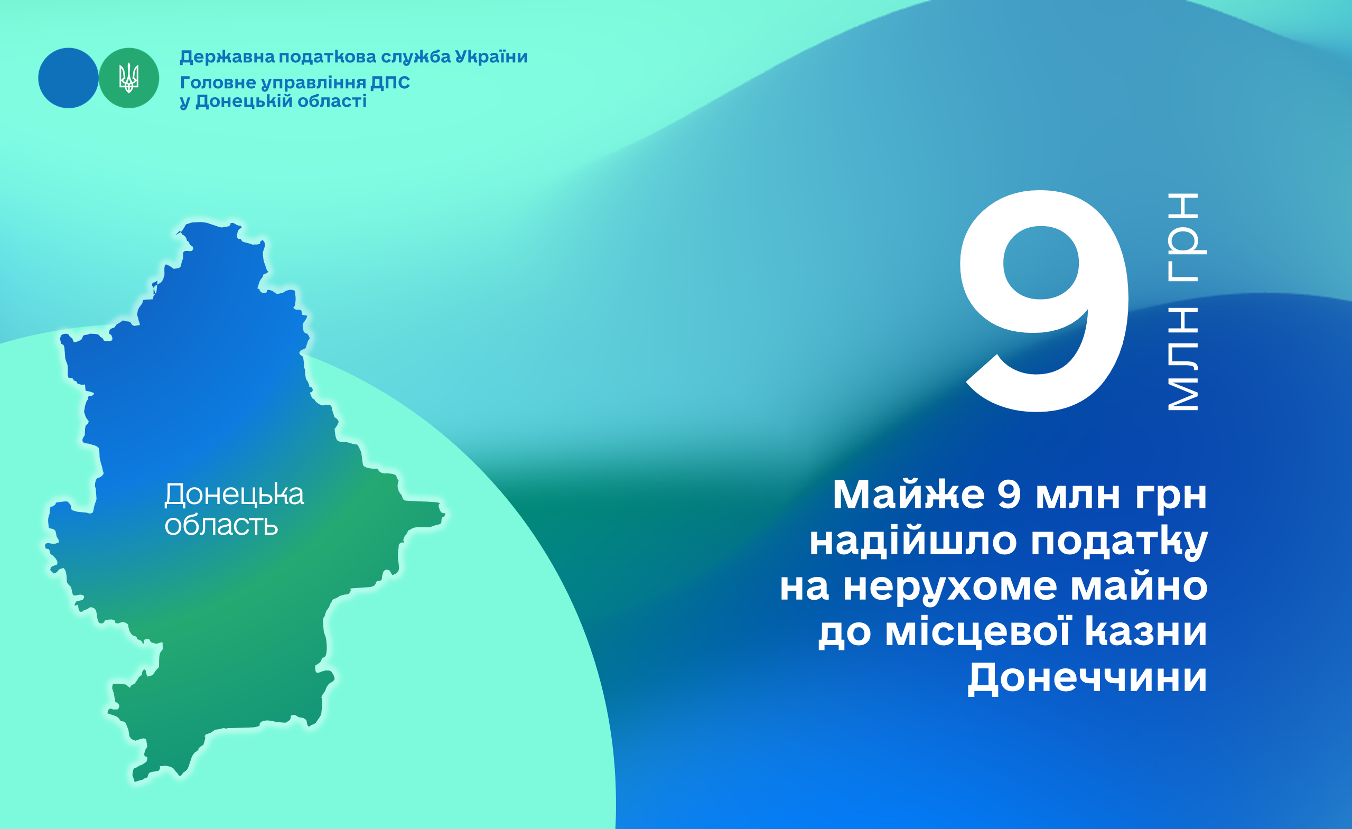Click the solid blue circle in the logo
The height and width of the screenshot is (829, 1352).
[x=68, y=78]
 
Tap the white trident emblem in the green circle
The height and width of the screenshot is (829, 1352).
[x=129, y=78]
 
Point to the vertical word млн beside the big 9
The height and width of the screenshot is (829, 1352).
[x=1183, y=359]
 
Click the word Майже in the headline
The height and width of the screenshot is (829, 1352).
[x=909, y=495]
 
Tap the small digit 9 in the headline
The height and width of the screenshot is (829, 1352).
[x=1009, y=495]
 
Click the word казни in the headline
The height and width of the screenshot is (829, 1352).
[x=1146, y=632]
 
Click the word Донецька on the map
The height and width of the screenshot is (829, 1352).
[x=234, y=495]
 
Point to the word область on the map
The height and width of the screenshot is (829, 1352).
[x=221, y=525]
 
